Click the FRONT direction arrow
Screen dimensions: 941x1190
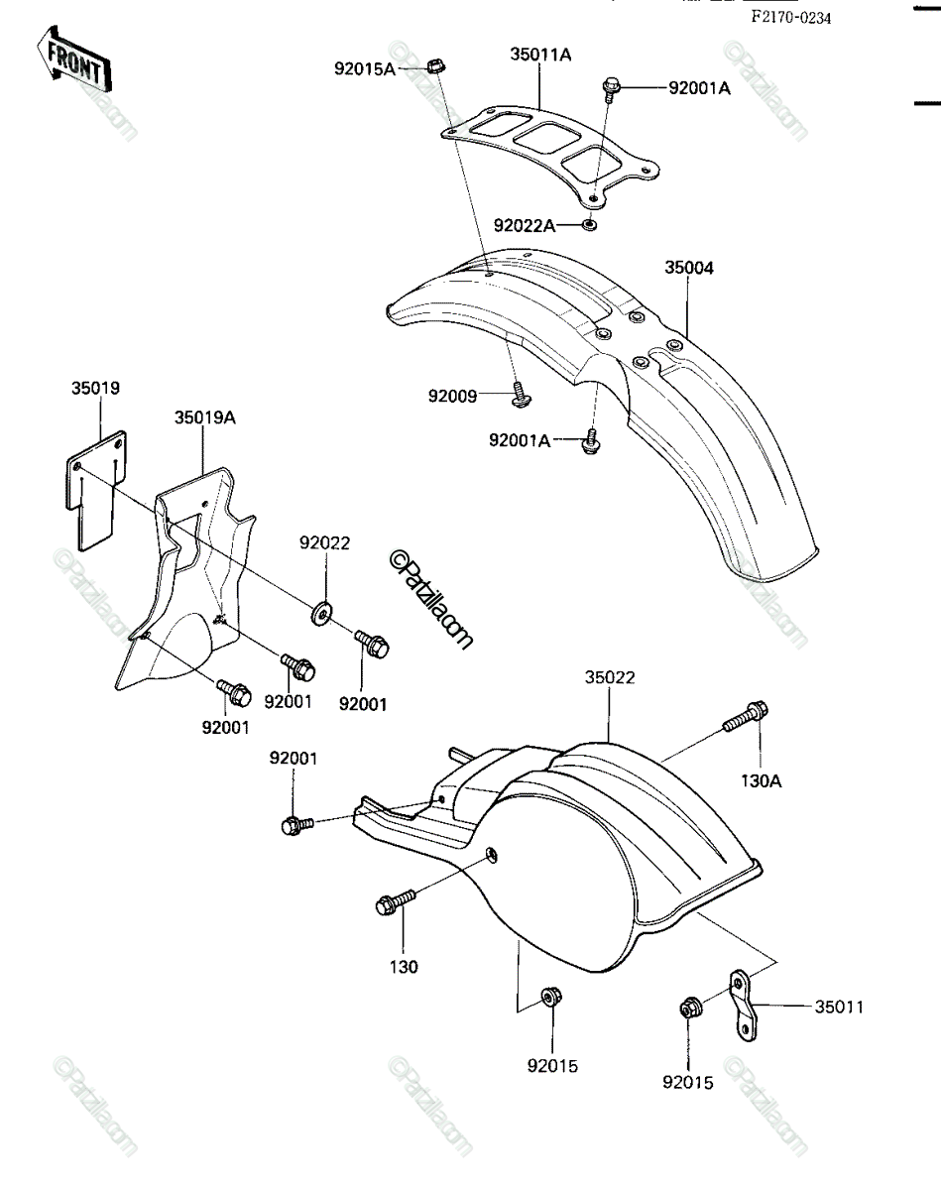[x=74, y=59]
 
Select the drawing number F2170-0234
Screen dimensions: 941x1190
[x=790, y=18]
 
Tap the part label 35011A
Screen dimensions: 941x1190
[x=540, y=55]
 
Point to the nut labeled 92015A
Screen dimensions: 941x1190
[x=436, y=66]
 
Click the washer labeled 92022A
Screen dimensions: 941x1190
[x=590, y=225]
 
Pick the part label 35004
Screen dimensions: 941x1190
[x=689, y=268]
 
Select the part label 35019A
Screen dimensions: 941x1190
[x=205, y=417]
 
